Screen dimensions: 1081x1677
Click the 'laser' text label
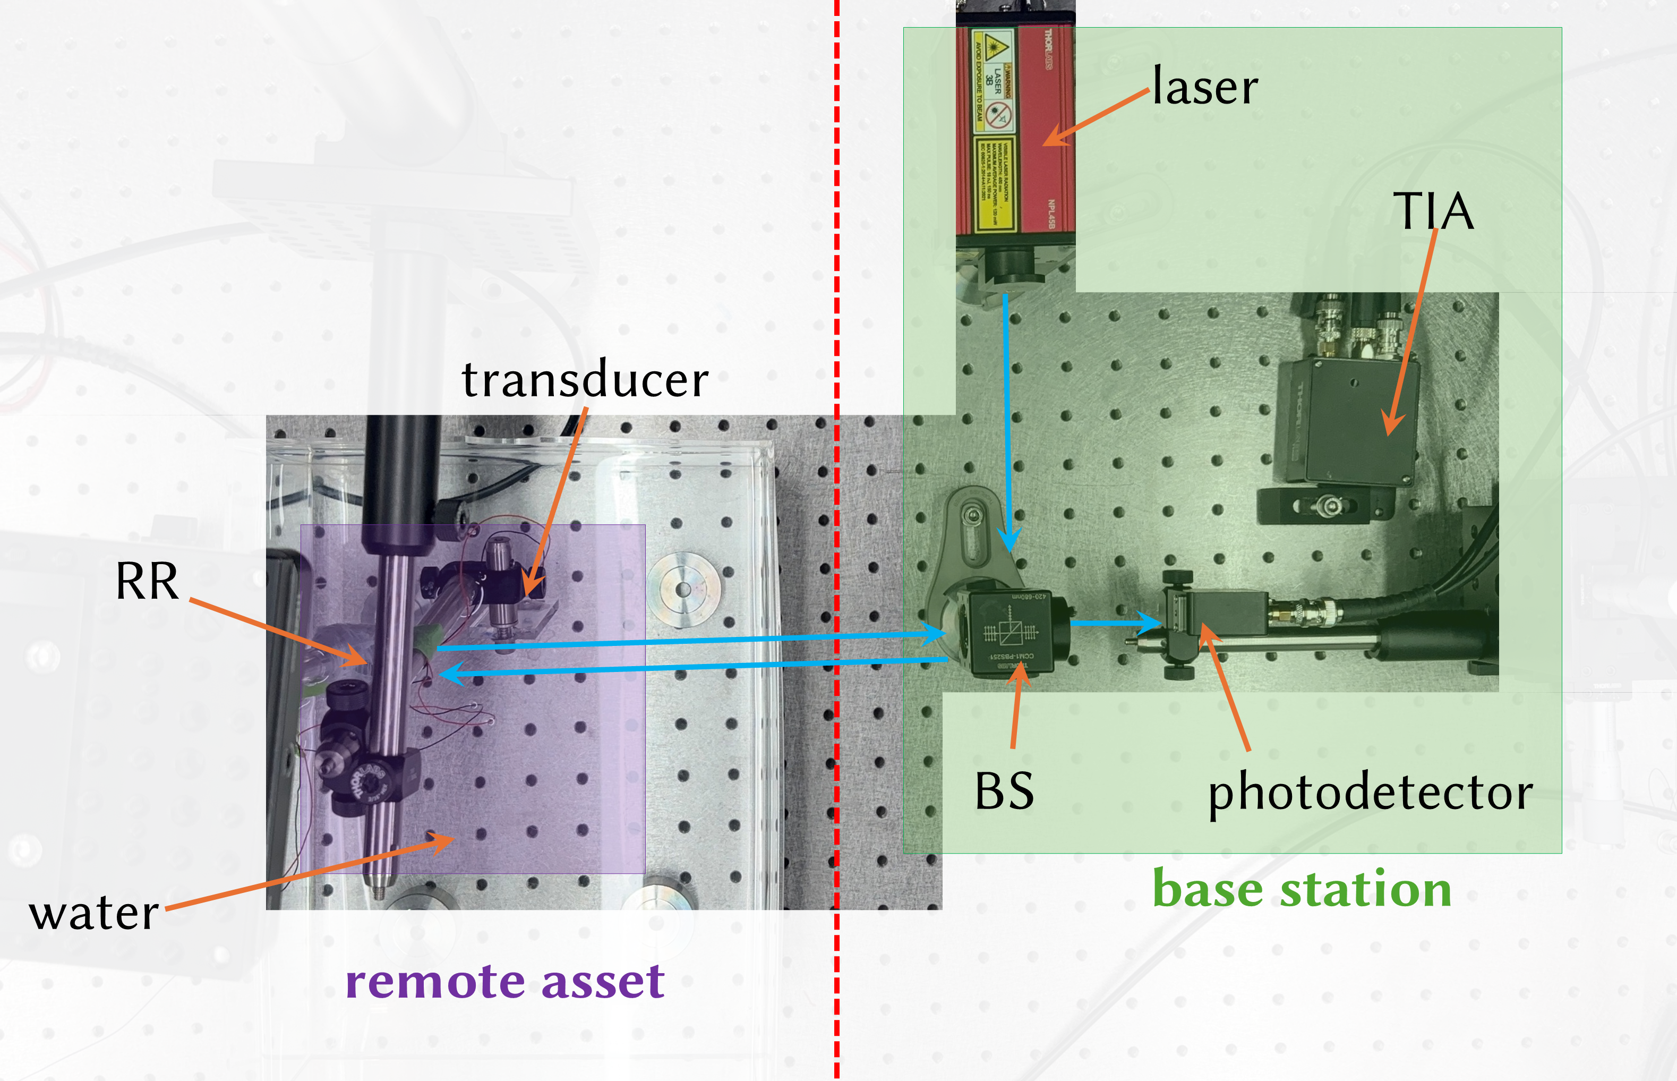tap(1205, 87)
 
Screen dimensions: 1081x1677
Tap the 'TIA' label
tap(1433, 210)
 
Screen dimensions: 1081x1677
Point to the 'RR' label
tap(147, 581)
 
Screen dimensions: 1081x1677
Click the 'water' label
tap(93, 913)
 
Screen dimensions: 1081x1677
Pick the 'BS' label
tap(1004, 791)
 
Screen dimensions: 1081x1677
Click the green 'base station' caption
tap(1302, 889)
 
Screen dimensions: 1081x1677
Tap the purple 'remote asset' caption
tap(504, 981)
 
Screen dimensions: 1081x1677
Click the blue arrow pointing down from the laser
tap(1007, 421)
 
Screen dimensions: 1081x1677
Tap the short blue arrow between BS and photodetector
tap(1116, 622)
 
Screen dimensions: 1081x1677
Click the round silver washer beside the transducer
tap(683, 588)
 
